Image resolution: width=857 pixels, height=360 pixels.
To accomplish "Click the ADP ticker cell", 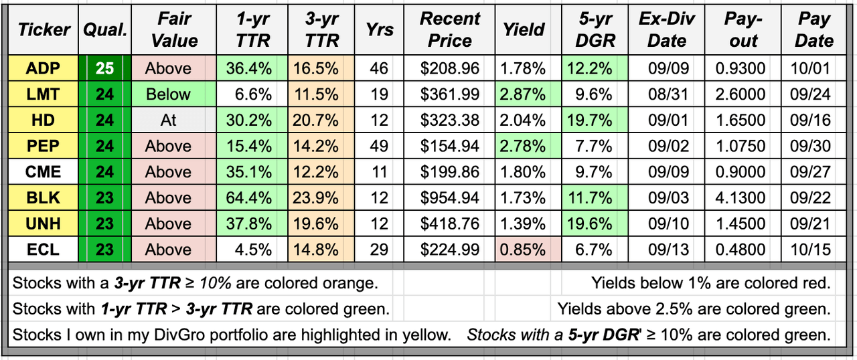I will (x=43, y=68).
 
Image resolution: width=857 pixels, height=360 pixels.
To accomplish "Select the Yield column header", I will (x=524, y=29).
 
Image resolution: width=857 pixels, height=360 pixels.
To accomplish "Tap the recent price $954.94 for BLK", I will (x=450, y=198).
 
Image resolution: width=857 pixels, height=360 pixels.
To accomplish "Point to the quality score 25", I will (x=104, y=68).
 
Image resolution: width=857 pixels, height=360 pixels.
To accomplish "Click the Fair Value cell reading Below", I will (x=169, y=94).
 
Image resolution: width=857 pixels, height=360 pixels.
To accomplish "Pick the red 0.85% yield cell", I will (x=524, y=250).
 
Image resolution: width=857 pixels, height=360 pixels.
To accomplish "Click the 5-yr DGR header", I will (x=595, y=29).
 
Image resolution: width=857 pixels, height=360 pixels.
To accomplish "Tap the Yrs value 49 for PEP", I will (x=380, y=147).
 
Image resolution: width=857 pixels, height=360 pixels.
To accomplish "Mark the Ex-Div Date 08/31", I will (x=668, y=94).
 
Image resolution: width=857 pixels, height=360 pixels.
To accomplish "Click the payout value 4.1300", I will (x=743, y=198).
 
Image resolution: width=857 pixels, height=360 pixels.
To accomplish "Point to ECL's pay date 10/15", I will (x=814, y=250).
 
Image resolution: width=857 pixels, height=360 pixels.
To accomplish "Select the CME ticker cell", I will (x=43, y=172).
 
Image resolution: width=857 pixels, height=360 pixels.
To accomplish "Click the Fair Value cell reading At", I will (x=169, y=120).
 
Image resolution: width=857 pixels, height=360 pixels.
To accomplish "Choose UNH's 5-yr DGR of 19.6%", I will (x=595, y=224).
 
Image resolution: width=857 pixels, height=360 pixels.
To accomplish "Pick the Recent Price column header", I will (x=450, y=29).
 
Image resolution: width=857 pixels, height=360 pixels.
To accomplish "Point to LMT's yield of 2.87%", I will (x=524, y=94).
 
